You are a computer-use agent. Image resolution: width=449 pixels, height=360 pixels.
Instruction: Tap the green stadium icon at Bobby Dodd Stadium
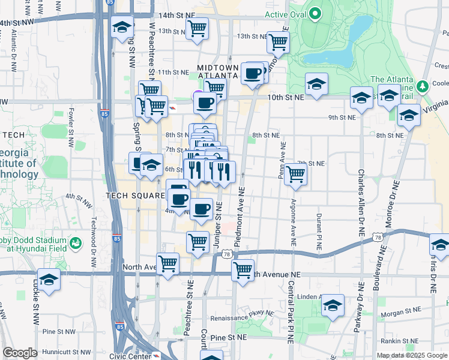pyautogui.click(x=76, y=243)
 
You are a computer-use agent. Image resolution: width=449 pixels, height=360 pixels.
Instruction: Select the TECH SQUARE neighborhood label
pyautogui.click(x=135, y=196)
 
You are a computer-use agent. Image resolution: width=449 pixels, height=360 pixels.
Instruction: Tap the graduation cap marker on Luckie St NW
pyautogui.click(x=49, y=280)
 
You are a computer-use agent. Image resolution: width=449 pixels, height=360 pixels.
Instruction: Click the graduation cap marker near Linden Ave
pyautogui.click(x=333, y=305)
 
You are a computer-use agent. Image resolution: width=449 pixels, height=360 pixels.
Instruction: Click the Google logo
pyautogui.click(x=20, y=353)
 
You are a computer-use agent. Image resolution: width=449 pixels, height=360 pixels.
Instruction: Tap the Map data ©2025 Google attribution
pyautogui.click(x=412, y=355)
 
